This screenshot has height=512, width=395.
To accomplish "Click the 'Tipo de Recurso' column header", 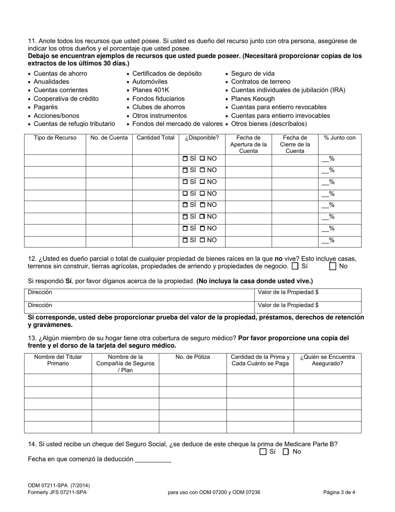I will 55,138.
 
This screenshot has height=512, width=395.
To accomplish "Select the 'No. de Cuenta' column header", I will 109,138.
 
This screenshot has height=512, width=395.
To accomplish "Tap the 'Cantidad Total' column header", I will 156,138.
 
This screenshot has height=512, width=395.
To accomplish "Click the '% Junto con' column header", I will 340,138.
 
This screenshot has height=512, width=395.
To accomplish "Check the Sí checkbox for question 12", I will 295,266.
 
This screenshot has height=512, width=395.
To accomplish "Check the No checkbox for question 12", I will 333,266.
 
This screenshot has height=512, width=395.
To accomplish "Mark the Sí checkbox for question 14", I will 263,452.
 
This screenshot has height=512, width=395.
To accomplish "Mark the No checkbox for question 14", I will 286,452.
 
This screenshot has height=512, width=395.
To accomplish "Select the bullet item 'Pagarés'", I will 46,107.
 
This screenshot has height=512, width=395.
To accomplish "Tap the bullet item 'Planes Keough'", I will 253,99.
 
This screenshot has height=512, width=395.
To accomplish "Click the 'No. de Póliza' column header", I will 193,357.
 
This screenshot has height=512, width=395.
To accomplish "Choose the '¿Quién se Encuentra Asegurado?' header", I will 327,360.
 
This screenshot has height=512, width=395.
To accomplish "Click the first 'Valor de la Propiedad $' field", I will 308,293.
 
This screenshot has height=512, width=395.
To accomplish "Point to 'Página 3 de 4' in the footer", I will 339,492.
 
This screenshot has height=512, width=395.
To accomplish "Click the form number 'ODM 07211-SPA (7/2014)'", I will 59,485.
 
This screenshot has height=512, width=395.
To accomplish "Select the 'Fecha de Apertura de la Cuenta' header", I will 248,144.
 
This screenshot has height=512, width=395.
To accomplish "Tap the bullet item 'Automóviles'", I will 150,82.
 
